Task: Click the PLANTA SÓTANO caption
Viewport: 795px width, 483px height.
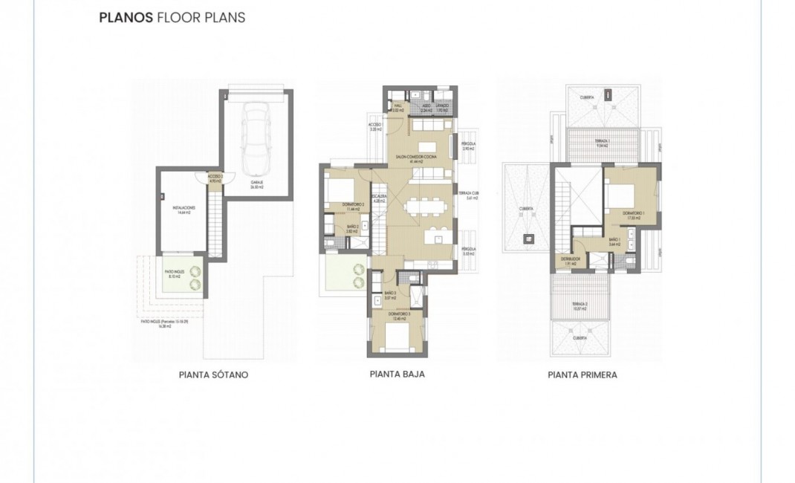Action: tap(213, 375)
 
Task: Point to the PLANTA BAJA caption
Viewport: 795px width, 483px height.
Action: tap(397, 375)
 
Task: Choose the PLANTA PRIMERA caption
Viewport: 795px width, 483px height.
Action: tap(582, 375)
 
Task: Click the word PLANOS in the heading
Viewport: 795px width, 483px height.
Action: tap(125, 18)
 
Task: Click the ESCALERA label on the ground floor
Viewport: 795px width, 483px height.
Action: tap(380, 199)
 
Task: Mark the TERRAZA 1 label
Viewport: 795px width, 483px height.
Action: tap(602, 143)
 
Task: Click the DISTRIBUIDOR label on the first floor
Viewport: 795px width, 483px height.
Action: tap(570, 261)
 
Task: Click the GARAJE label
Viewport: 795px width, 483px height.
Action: tap(259, 187)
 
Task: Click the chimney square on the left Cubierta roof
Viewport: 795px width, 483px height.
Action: tap(528, 239)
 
